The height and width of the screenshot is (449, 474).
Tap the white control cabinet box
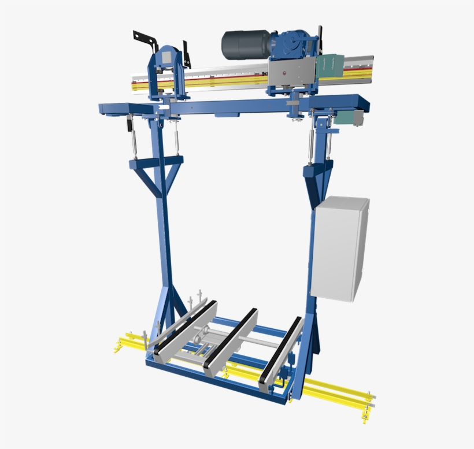click(x=340, y=248)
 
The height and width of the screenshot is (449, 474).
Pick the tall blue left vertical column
click(x=165, y=243)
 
